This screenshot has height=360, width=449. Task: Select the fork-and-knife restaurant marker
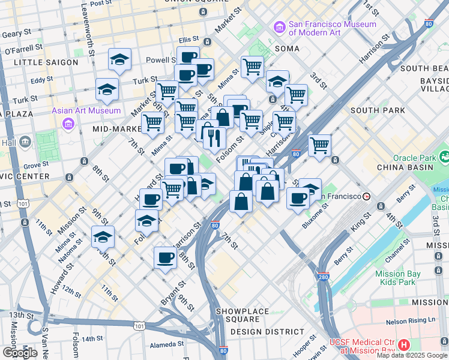[x=214, y=139]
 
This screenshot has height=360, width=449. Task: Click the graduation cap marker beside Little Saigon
[x=120, y=59]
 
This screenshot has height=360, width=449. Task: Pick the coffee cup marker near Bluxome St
[x=298, y=199]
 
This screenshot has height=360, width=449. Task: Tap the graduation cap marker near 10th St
[x=103, y=236]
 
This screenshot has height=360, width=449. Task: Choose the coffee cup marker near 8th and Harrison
[x=165, y=258]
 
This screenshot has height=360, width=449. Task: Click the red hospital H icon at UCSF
[x=404, y=345]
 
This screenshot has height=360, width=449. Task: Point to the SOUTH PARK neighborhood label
[x=378, y=110]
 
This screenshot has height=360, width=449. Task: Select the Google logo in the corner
[x=20, y=353]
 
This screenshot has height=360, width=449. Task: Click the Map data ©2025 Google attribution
[x=412, y=355]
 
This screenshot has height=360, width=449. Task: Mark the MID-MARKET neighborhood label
[x=116, y=128]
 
